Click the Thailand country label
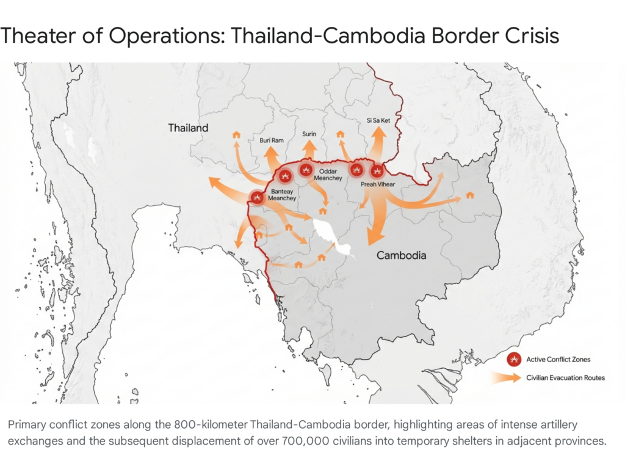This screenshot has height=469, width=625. [189, 128]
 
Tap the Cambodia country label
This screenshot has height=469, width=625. [401, 255]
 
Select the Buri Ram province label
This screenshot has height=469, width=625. [272, 140]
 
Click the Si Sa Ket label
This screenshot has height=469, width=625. [378, 121]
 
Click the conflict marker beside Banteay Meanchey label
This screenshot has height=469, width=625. [257, 197]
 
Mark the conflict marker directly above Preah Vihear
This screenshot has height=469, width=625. [377, 171]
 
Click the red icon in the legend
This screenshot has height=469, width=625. [514, 359]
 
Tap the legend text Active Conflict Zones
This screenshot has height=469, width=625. [558, 359]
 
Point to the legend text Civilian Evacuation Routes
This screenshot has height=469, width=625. [565, 378]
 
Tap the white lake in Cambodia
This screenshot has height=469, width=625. [330, 235]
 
